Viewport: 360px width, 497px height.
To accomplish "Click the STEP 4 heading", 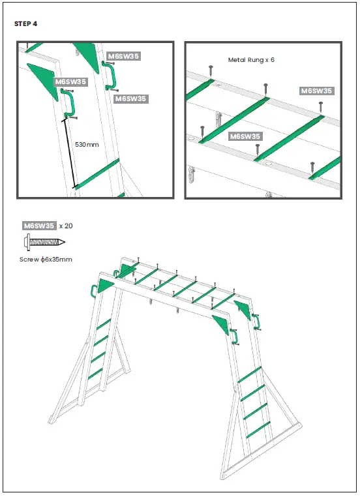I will [25, 24].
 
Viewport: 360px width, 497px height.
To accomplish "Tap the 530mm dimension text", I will [87, 143].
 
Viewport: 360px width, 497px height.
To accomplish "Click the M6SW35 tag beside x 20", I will [39, 226].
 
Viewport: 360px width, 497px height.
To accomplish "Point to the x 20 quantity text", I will [66, 226].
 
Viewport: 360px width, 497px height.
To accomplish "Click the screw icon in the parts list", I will [44, 242].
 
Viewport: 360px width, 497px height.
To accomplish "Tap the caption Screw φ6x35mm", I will [45, 259].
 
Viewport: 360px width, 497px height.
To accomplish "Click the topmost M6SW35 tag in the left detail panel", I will [123, 56].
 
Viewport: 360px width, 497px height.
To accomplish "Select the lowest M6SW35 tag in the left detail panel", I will [130, 98].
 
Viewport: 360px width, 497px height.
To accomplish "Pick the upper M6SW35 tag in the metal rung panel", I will [316, 91].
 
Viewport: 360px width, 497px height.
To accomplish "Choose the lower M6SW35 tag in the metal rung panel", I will [245, 136].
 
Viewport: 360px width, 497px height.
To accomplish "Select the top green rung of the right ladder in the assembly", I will [250, 374].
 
